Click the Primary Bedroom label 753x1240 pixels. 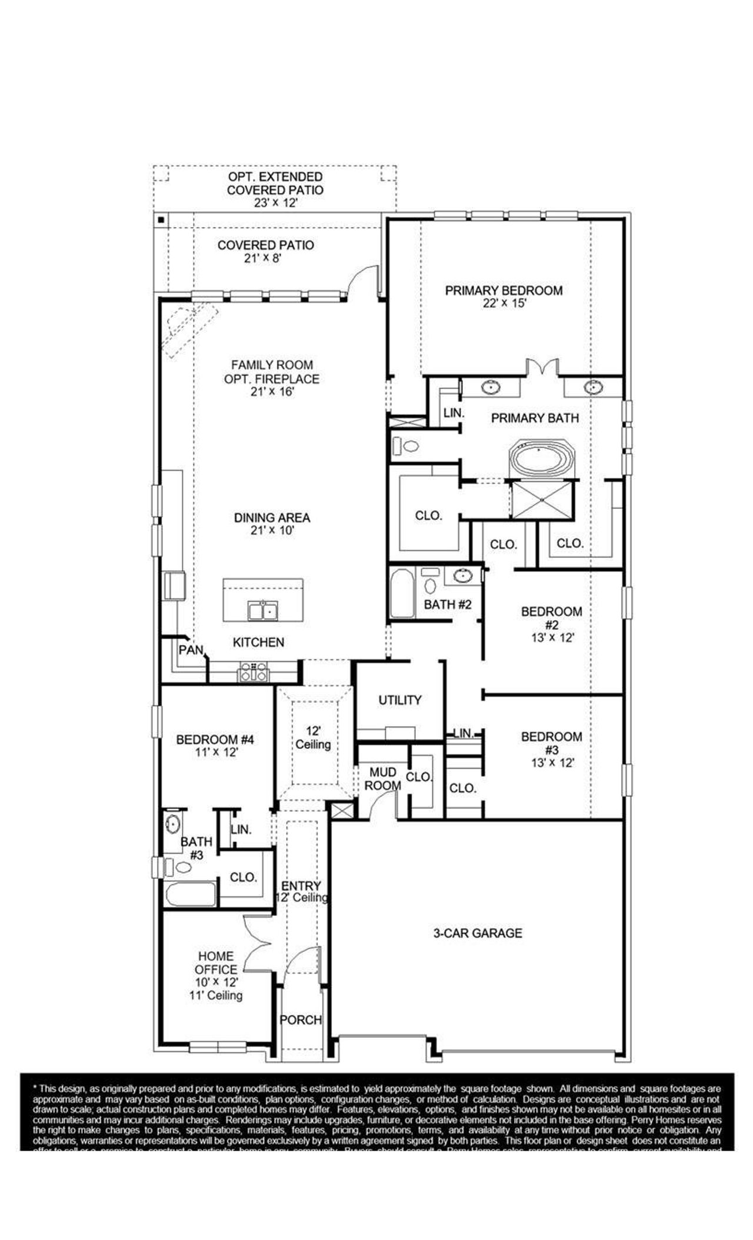click(x=503, y=291)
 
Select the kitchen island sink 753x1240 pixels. click(x=263, y=611)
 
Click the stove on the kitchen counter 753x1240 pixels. click(x=254, y=672)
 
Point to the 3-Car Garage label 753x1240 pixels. click(x=477, y=933)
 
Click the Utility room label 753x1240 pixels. click(x=399, y=700)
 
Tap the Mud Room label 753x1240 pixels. click(x=382, y=778)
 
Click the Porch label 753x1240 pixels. click(x=301, y=1020)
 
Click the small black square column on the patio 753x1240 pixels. click(x=161, y=221)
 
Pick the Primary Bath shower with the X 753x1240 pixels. click(x=541, y=500)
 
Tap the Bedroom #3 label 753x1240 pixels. click(x=551, y=743)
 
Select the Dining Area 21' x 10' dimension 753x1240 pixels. click(x=272, y=530)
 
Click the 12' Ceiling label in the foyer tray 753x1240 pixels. click(x=313, y=738)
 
